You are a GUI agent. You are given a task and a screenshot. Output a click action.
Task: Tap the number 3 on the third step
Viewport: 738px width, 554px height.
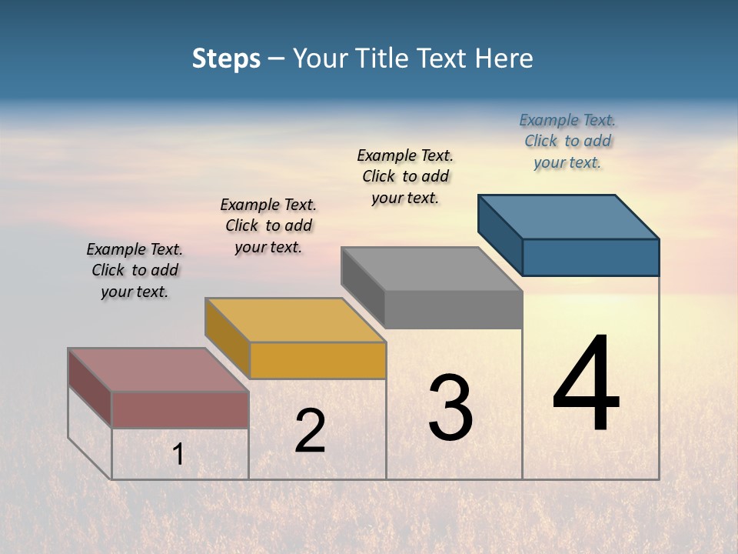pyautogui.click(x=450, y=407)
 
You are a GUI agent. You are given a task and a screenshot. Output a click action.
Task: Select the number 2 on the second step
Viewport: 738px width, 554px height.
pyautogui.click(x=310, y=430)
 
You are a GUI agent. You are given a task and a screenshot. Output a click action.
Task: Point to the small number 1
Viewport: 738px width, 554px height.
pyautogui.click(x=178, y=455)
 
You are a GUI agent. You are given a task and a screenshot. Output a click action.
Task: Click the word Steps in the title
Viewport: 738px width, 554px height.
pyautogui.click(x=226, y=58)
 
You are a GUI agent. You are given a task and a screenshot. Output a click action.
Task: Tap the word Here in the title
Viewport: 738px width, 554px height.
pyautogui.click(x=504, y=58)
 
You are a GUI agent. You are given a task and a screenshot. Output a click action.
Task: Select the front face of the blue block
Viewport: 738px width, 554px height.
pyautogui.click(x=590, y=257)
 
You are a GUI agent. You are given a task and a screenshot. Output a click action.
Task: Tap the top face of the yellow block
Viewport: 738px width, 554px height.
pyautogui.click(x=295, y=320)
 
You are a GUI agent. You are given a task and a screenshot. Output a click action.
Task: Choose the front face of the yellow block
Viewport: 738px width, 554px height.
pyautogui.click(x=317, y=360)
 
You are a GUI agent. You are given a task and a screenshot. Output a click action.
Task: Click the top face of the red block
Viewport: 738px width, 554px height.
pyautogui.click(x=158, y=370)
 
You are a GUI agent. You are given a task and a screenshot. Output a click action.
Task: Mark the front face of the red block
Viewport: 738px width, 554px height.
pyautogui.click(x=180, y=409)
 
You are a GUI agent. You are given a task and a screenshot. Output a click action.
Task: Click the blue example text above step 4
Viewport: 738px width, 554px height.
pyautogui.click(x=567, y=141)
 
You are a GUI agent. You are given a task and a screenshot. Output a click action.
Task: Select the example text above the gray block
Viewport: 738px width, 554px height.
pyautogui.click(x=405, y=176)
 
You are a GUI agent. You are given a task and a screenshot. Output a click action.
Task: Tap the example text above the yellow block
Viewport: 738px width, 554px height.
pyautogui.click(x=268, y=225)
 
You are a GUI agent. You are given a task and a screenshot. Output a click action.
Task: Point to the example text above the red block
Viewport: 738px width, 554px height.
pyautogui.click(x=135, y=270)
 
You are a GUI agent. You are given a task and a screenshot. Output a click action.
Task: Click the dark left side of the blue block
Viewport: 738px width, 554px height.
pyautogui.click(x=500, y=231)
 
